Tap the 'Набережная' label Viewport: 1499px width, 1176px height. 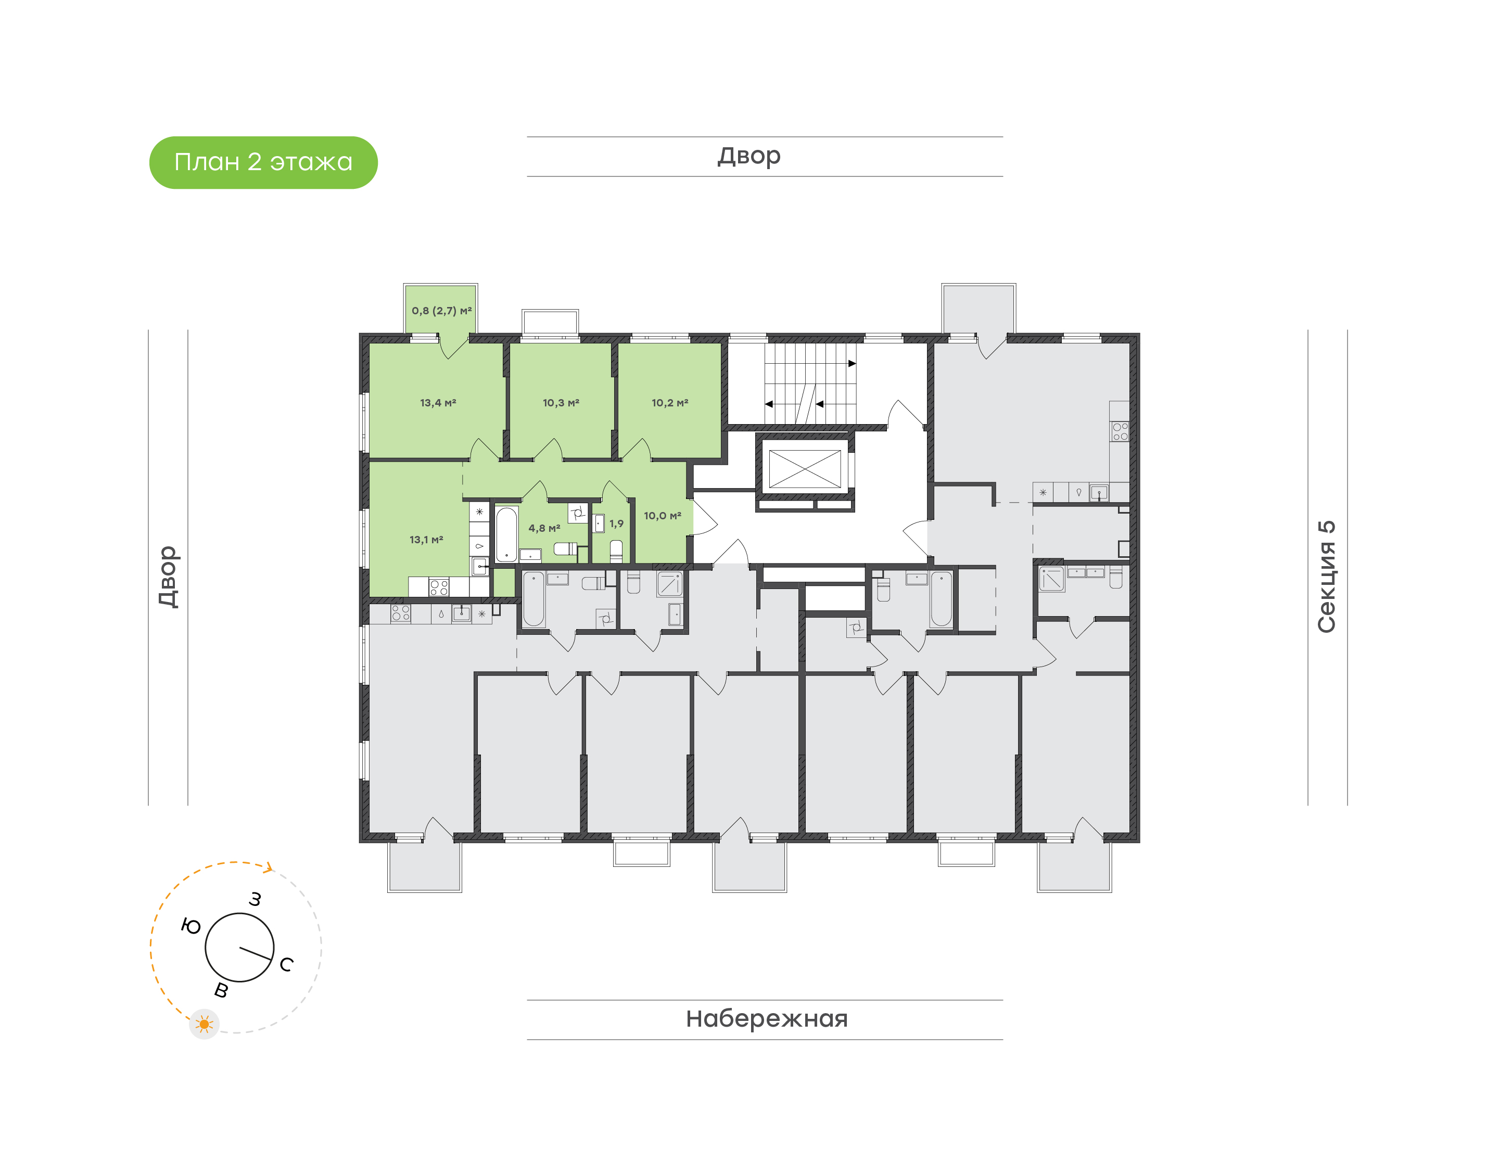click(x=766, y=1018)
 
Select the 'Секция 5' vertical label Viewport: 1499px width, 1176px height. click(x=1326, y=577)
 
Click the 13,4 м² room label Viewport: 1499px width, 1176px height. click(x=438, y=403)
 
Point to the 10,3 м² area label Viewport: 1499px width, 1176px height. click(x=561, y=403)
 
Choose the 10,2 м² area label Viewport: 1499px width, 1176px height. click(x=670, y=403)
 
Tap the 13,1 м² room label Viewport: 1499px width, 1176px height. click(x=426, y=540)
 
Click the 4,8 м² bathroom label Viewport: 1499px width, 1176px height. click(x=544, y=528)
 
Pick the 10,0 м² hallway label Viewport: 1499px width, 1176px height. click(x=663, y=516)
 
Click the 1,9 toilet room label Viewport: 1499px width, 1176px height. click(x=616, y=524)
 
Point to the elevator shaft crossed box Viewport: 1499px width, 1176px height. click(x=804, y=469)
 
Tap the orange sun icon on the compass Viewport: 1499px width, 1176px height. click(x=205, y=1025)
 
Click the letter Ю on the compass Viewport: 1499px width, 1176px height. click(x=190, y=926)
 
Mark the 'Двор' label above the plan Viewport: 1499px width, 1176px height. click(x=749, y=156)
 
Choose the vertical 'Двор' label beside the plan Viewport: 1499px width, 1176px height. click(x=168, y=577)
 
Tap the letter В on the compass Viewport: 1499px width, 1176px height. click(x=221, y=991)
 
